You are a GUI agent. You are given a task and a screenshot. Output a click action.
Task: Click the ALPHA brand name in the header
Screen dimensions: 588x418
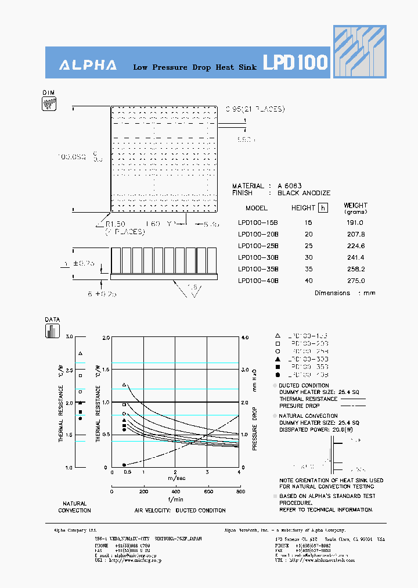(88, 66)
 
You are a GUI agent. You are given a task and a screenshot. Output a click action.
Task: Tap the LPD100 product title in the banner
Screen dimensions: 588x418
(296, 63)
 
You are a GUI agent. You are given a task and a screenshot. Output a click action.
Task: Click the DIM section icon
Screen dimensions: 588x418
(49, 104)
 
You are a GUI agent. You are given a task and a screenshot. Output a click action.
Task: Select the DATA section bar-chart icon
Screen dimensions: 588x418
(52, 331)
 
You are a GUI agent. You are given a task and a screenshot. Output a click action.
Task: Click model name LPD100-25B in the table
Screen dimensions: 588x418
(258, 245)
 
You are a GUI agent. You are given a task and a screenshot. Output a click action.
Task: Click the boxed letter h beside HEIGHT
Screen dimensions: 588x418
(323, 208)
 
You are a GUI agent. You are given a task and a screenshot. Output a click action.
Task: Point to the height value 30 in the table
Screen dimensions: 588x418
(308, 257)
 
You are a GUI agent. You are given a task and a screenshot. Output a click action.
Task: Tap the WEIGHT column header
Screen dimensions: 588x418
(355, 205)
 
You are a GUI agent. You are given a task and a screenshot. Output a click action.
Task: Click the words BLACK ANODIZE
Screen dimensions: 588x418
(304, 193)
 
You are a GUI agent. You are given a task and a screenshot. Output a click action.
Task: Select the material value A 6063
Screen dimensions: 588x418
(289, 186)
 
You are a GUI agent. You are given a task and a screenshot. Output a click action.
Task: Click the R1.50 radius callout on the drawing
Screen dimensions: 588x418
(116, 224)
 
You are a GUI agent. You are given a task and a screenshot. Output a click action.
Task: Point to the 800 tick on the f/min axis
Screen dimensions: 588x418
(239, 492)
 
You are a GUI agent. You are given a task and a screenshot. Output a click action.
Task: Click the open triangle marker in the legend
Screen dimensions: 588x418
(278, 336)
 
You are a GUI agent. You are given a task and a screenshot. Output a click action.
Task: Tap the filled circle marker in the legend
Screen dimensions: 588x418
(278, 375)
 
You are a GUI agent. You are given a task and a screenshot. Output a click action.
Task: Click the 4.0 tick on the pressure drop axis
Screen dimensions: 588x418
(244, 337)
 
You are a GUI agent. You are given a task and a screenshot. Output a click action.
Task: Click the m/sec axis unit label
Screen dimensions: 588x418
(176, 478)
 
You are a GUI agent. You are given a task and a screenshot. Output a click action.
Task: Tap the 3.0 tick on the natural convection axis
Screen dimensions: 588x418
(70, 337)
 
